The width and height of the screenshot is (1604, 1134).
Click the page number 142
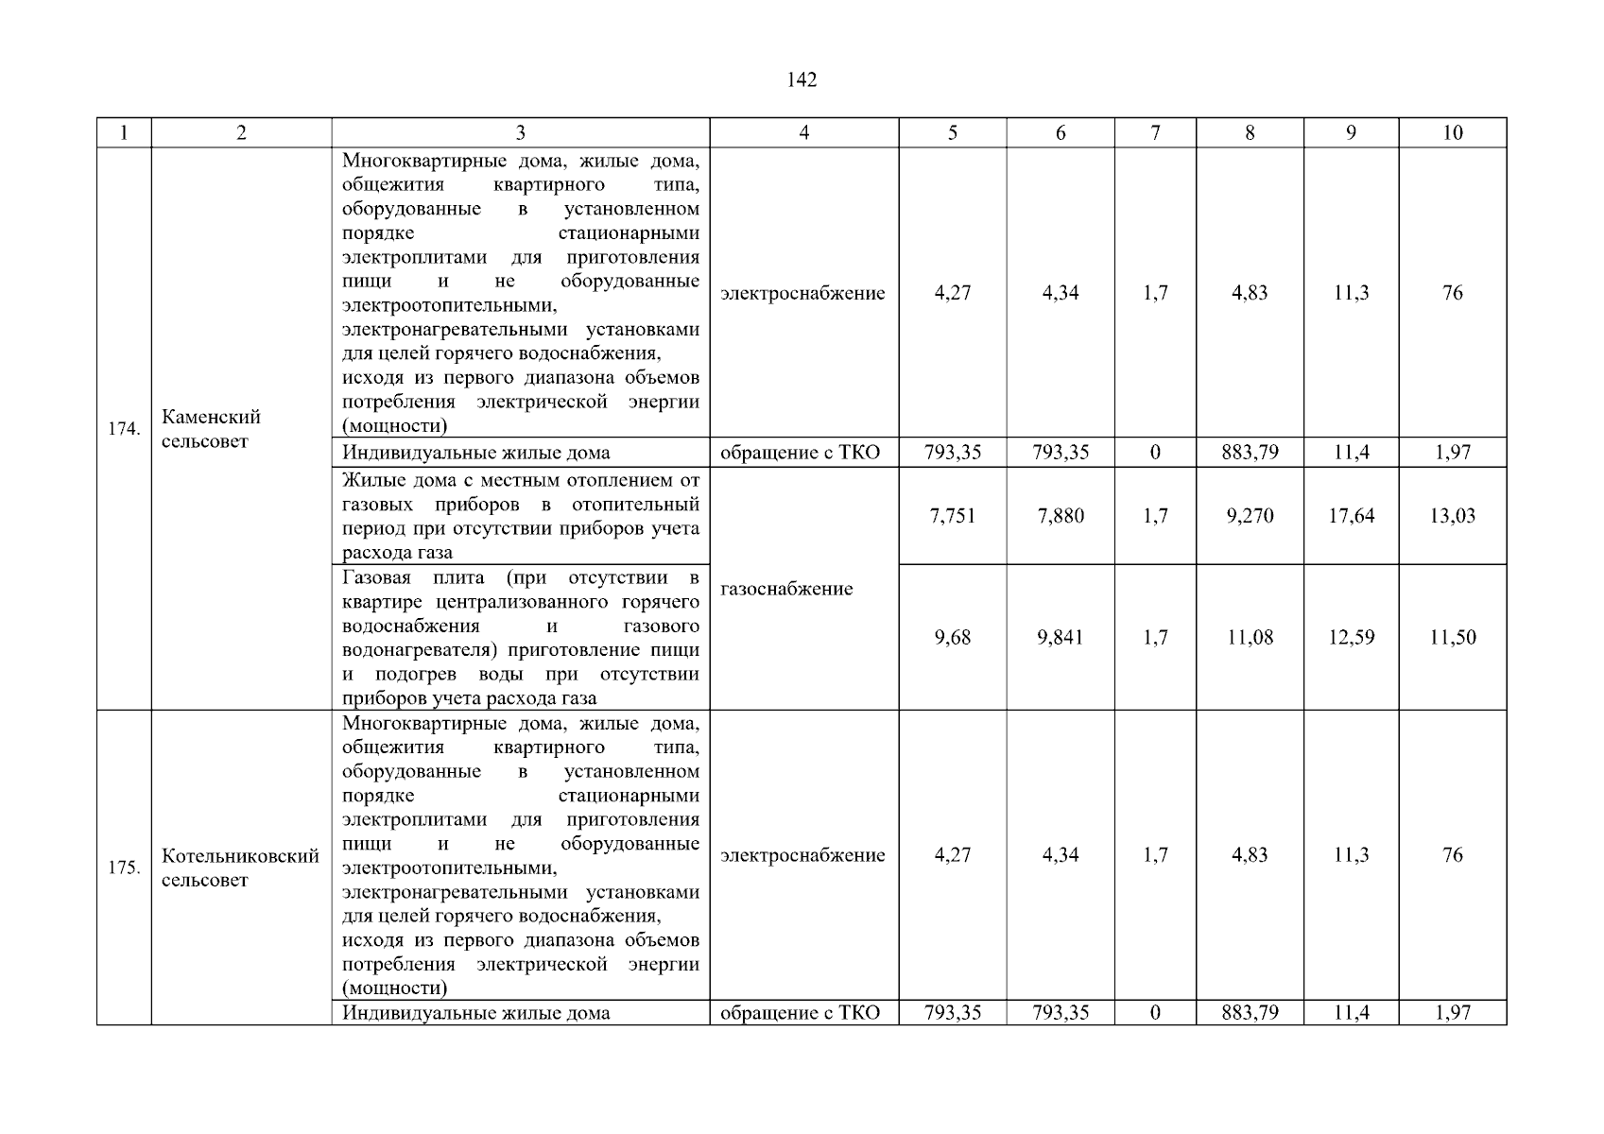(x=802, y=80)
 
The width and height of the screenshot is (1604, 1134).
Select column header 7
(x=1155, y=133)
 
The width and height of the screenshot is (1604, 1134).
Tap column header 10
(x=1453, y=133)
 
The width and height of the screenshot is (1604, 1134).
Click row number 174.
(x=124, y=429)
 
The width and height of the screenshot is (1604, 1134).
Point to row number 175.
(x=124, y=868)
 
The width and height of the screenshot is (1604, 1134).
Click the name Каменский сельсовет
(x=211, y=429)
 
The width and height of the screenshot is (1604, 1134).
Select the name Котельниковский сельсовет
(x=240, y=868)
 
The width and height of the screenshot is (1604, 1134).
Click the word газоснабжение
(x=786, y=589)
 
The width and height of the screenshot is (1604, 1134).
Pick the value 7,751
(x=953, y=516)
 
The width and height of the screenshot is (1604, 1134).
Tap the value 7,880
(x=1061, y=516)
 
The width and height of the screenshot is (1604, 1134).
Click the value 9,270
(x=1250, y=516)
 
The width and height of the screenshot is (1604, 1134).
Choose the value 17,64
(x=1351, y=516)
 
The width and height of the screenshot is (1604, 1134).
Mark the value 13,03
(x=1453, y=516)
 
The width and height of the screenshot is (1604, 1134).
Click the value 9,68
(x=953, y=638)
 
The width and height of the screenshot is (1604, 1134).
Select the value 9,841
(x=1061, y=638)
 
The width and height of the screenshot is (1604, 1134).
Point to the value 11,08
(x=1250, y=638)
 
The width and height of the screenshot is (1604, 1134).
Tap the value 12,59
(x=1351, y=638)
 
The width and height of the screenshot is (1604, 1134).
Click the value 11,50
(x=1453, y=638)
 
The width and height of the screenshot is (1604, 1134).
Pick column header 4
(x=803, y=133)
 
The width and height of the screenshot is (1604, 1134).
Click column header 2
(x=241, y=133)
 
